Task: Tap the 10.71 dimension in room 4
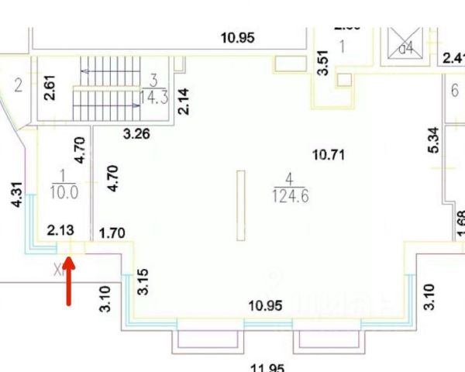point(328,154)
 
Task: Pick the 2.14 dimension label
point(184,101)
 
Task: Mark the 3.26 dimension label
point(137,133)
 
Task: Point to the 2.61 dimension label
point(49,86)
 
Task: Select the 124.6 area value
point(290,196)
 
